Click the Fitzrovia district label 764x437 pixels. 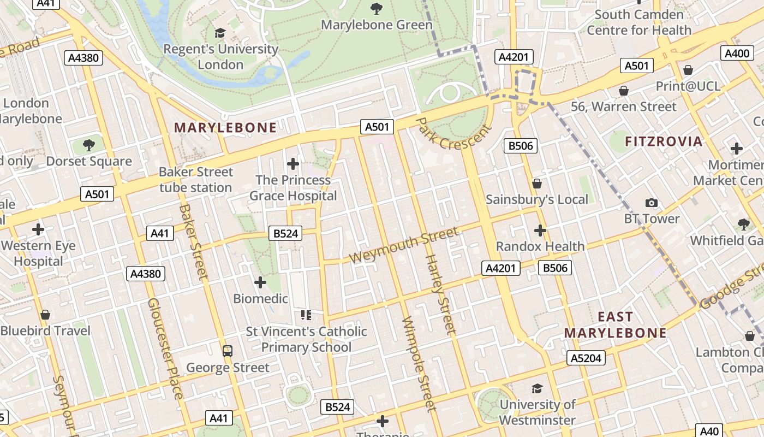664,141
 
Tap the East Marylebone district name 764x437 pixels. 616,325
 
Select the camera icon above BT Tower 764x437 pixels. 651,203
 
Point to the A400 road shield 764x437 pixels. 736,53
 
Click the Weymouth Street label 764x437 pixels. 404,246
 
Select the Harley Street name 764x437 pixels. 440,294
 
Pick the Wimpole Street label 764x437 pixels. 419,363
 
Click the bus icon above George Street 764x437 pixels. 228,351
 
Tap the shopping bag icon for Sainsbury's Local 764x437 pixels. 537,184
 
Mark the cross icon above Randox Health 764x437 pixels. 540,231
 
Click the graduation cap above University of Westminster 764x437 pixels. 537,388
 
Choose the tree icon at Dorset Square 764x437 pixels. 89,145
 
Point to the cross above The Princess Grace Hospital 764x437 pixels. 293,163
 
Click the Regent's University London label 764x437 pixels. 220,57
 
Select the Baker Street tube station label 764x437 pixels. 195,180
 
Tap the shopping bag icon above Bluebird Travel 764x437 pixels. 45,315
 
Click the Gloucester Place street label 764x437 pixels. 165,348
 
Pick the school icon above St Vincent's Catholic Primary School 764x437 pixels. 306,315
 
